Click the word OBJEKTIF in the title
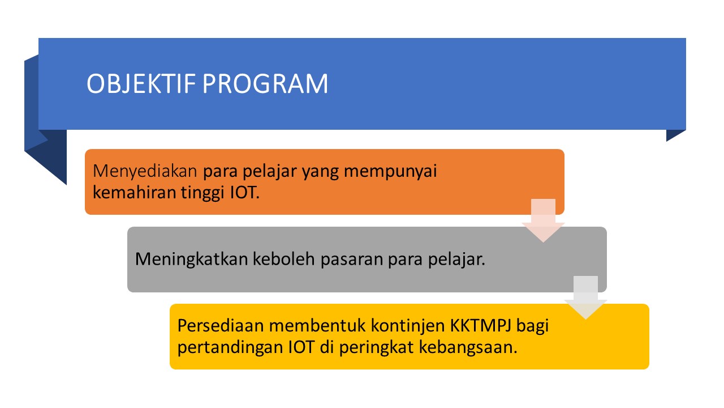[141, 83]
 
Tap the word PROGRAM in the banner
[265, 83]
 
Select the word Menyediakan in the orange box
[145, 172]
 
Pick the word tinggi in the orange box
[202, 193]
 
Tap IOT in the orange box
[245, 193]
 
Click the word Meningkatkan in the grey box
[191, 260]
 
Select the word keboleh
[284, 259]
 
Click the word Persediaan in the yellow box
[221, 326]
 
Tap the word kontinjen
[408, 326]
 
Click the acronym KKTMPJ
[481, 326]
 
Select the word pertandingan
[230, 348]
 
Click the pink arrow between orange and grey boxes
[544, 220]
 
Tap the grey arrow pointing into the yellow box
[585, 297]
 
